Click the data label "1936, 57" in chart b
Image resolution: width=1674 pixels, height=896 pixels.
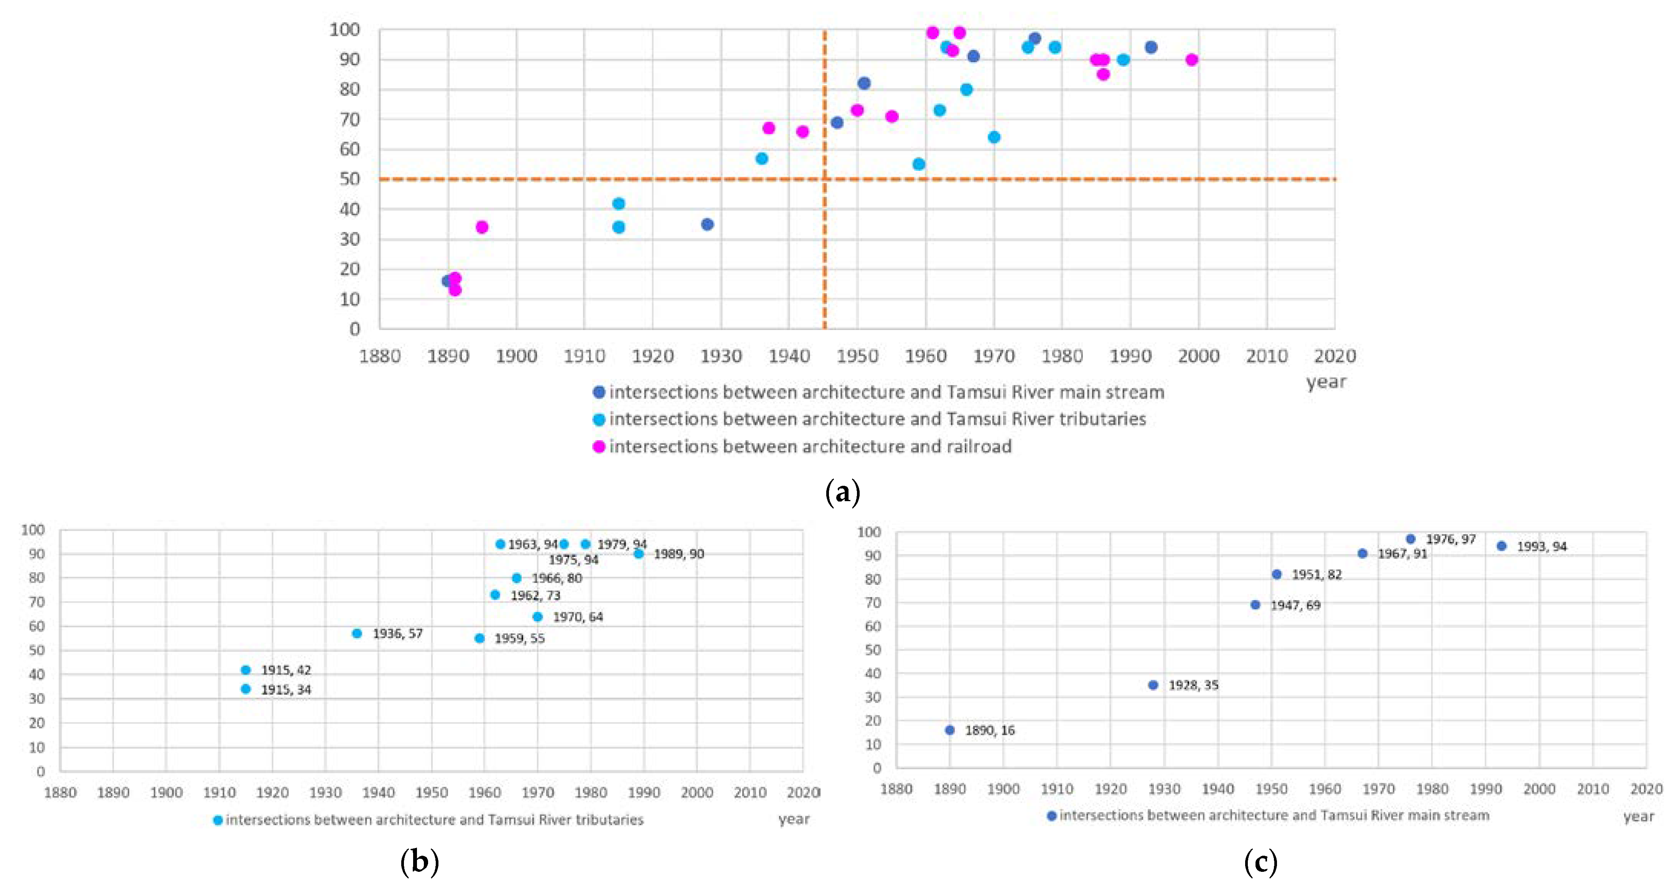[397, 633]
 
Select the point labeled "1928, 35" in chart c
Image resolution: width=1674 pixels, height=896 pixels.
[1153, 685]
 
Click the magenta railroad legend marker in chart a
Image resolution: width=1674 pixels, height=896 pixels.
[598, 447]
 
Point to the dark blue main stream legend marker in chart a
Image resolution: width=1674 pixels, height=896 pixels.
[598, 392]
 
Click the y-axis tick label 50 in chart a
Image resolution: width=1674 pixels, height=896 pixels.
[349, 179]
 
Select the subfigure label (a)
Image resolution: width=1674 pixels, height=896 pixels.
[842, 492]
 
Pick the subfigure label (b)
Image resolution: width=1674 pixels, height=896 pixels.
[420, 861]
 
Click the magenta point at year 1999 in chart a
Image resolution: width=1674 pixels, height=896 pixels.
[1191, 60]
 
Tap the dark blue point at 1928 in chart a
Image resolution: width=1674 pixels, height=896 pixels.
[707, 224]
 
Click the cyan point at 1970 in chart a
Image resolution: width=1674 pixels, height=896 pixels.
[994, 137]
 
